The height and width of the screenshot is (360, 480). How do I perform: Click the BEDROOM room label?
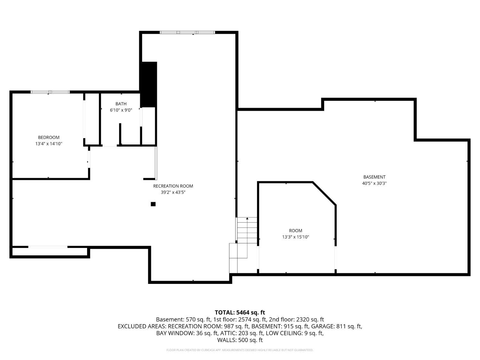[49, 138]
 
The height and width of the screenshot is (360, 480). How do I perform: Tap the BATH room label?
[121, 104]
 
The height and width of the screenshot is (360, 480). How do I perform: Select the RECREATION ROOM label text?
[173, 186]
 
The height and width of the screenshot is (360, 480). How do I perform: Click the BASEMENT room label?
[374, 177]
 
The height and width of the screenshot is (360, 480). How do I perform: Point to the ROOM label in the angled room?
[295, 231]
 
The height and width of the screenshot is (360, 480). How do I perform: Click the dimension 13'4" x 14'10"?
[49, 144]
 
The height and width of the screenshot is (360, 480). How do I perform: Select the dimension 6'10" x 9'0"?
[121, 110]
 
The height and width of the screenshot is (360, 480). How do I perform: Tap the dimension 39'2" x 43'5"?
[173, 192]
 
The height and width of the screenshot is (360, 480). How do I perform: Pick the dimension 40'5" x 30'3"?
[374, 183]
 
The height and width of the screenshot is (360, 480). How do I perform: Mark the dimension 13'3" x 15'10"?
[295, 237]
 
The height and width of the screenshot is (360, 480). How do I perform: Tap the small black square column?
[153, 204]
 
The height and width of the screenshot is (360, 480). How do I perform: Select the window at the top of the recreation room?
[187, 32]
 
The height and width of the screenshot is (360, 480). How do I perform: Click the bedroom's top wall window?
[50, 92]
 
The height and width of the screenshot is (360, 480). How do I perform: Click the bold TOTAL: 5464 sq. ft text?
[240, 312]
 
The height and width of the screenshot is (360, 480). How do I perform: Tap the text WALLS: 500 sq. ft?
[240, 340]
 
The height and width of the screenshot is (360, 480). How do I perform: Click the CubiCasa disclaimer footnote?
[240, 350]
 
